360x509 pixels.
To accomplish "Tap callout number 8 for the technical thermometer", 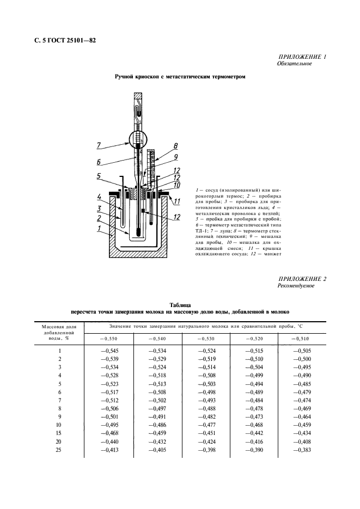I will pos(176,146).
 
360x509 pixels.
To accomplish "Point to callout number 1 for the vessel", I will pos(100,229).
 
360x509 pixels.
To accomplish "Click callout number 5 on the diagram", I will pos(100,176).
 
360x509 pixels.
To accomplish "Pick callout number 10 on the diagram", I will pos(176,185).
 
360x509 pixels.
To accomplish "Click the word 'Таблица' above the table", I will pos(180,305).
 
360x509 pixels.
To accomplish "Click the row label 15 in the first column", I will pos(59,433).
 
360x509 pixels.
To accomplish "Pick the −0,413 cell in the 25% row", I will pos(108,450).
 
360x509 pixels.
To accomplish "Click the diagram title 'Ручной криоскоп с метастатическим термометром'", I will pos(180,77).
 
